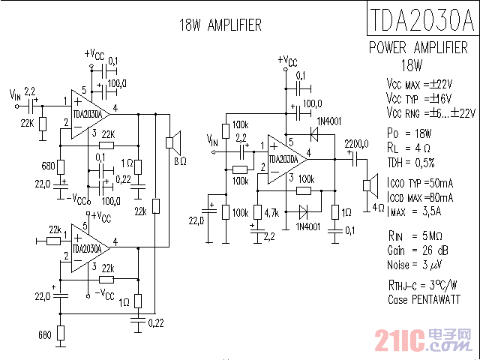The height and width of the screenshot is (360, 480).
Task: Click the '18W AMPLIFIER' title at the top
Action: (x=220, y=25)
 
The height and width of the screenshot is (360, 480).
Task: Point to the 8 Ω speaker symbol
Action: (x=172, y=141)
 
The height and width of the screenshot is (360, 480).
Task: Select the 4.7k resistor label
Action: (x=271, y=213)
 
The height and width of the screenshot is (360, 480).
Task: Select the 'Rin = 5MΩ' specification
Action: (x=415, y=235)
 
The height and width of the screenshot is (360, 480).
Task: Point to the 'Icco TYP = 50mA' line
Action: (x=421, y=184)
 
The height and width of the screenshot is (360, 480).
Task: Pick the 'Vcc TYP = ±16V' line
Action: (x=420, y=99)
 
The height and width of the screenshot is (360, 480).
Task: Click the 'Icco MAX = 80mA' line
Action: (x=421, y=198)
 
